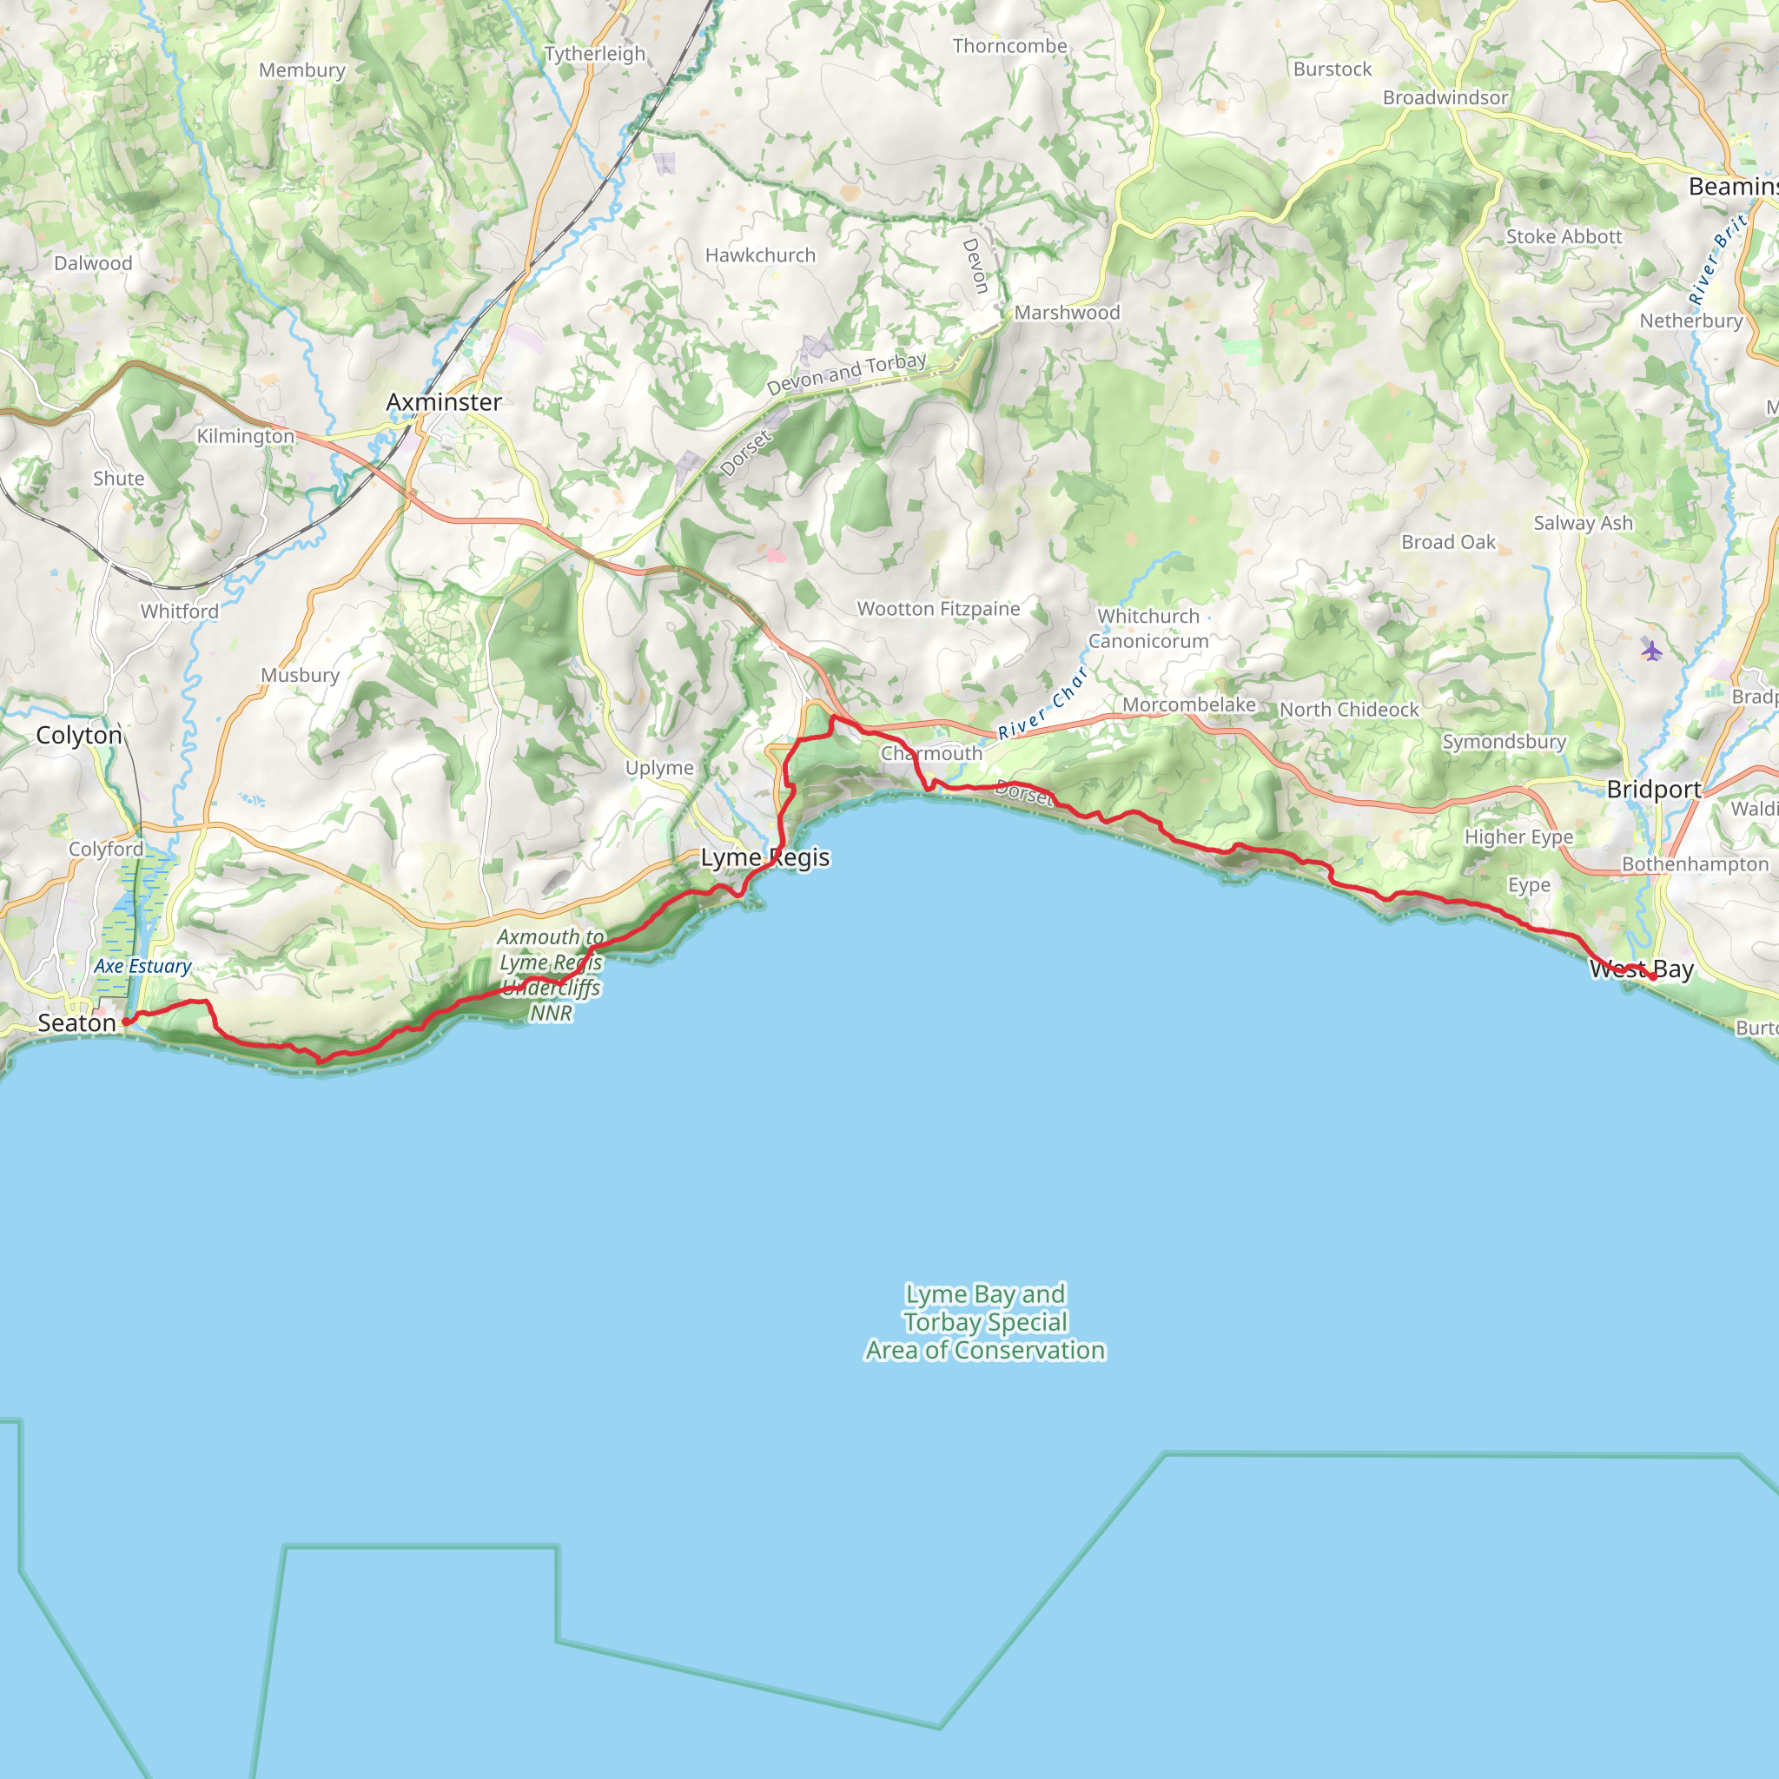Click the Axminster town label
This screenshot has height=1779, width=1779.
tap(444, 402)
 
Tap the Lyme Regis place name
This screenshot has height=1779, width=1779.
tap(765, 857)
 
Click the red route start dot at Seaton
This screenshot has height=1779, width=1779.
tap(126, 1022)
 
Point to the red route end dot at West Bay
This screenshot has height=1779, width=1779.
tap(1653, 977)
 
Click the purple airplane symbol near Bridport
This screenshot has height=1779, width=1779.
tap(1652, 651)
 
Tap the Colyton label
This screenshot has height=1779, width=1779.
tap(79, 735)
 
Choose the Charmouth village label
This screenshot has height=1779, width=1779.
tap(932, 753)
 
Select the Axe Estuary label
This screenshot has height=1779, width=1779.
tap(142, 966)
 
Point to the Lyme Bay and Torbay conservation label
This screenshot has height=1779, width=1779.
tap(985, 1321)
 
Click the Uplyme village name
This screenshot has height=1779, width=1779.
tap(659, 768)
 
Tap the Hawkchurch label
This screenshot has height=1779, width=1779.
tap(761, 255)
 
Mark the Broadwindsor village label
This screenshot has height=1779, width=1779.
tap(1445, 97)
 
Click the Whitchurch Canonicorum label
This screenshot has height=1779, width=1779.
tap(1148, 629)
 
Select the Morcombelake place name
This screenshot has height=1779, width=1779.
tap(1189, 704)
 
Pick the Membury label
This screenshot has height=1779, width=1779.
tap(302, 70)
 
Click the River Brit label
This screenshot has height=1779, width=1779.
tap(1718, 261)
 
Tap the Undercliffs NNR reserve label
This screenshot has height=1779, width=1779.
tap(551, 975)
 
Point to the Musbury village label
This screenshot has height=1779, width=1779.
tap(301, 675)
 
